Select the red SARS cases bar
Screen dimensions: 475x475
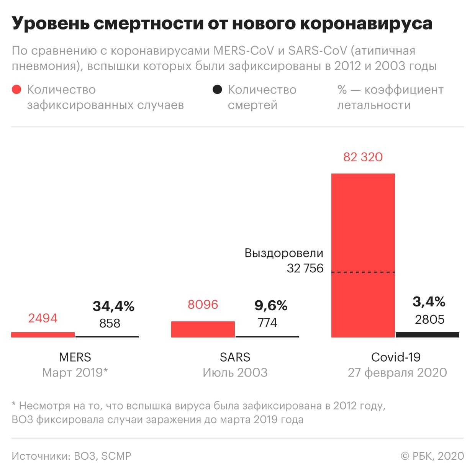(x=203, y=329)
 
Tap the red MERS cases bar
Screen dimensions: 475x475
(x=43, y=335)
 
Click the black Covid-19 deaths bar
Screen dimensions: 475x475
(x=427, y=335)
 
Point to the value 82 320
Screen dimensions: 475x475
(x=363, y=157)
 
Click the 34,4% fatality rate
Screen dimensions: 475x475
(x=113, y=306)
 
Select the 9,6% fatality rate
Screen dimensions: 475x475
(x=271, y=305)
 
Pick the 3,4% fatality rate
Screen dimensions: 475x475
(x=429, y=302)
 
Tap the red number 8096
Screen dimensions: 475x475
(x=203, y=305)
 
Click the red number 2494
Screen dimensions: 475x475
(x=43, y=318)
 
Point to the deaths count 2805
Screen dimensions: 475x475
(x=429, y=319)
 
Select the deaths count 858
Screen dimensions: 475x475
(x=110, y=323)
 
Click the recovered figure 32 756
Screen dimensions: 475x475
(x=305, y=268)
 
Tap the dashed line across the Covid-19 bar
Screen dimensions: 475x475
(x=363, y=272)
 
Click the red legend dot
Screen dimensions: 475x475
(x=16, y=90)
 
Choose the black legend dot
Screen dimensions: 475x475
(x=217, y=90)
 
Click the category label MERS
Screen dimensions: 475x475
(x=75, y=357)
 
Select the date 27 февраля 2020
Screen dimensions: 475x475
(x=397, y=372)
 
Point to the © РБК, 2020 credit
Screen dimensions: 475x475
(x=432, y=456)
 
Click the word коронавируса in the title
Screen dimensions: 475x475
(x=366, y=23)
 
